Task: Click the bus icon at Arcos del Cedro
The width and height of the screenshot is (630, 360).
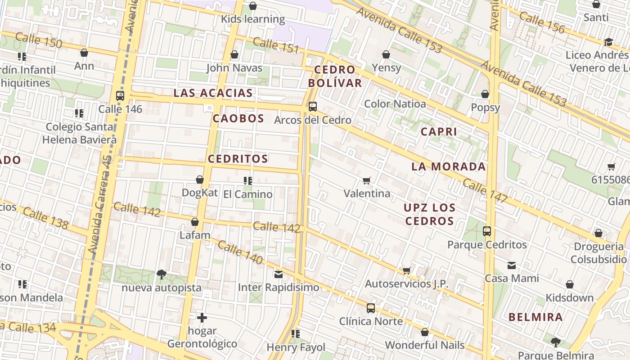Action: (x=312, y=107)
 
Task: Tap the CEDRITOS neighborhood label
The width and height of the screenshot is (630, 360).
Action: (x=238, y=159)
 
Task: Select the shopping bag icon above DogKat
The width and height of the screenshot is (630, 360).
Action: (x=200, y=180)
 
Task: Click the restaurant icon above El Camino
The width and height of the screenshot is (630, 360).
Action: (x=247, y=181)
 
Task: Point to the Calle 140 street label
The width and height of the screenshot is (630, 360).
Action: (x=240, y=252)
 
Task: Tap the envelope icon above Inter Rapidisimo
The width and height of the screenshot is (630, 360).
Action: (x=279, y=274)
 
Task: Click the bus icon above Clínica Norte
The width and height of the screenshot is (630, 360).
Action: (x=370, y=308)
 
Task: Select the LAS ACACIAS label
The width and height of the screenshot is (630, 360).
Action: (x=213, y=93)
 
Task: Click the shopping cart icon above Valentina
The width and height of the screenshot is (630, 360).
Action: (x=367, y=181)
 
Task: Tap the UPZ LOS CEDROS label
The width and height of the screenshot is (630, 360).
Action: (x=429, y=214)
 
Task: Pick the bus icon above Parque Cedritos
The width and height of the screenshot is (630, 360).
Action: (x=487, y=231)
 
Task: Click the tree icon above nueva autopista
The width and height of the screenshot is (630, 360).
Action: (x=161, y=274)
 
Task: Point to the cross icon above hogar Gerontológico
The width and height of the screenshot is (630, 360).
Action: (x=202, y=318)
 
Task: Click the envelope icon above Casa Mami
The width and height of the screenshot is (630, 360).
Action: (x=512, y=265)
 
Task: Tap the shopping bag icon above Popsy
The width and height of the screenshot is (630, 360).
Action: (x=485, y=94)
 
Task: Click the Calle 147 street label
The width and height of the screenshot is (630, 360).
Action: (x=485, y=191)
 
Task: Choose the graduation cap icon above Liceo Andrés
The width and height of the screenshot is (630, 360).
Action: (x=608, y=42)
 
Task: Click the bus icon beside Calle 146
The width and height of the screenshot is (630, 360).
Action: (x=120, y=96)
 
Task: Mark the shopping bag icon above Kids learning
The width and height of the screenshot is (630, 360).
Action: (x=253, y=6)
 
